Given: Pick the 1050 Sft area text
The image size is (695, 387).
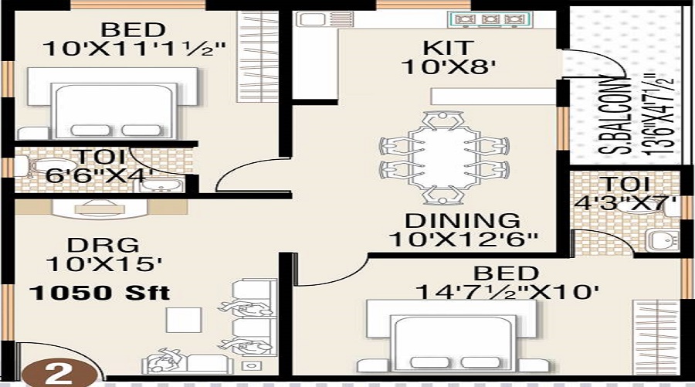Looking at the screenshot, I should pyautogui.click(x=100, y=294).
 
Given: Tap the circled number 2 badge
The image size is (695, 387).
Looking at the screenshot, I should pyautogui.click(x=60, y=374).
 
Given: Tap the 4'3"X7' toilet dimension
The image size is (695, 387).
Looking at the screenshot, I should pyautogui.click(x=626, y=207).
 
